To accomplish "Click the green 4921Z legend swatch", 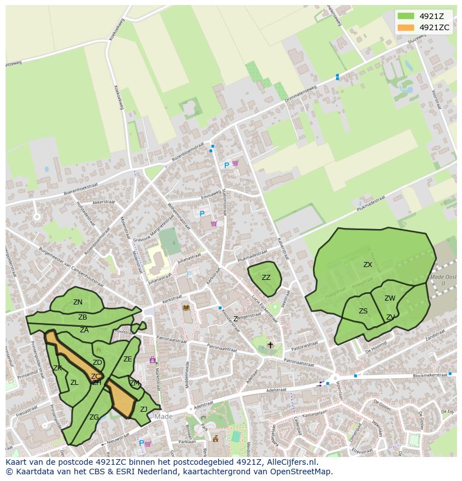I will [x=406, y=16].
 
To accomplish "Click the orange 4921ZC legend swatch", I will [x=406, y=27].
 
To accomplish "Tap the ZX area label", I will [x=368, y=265].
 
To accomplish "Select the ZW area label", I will [x=389, y=298].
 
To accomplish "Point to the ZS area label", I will [x=363, y=311].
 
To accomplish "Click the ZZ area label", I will [x=266, y=278].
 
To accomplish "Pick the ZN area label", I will [x=78, y=302].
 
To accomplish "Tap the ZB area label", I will [x=83, y=317].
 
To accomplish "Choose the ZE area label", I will [x=128, y=359].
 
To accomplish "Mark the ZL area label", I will [x=74, y=383].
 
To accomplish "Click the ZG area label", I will [x=94, y=417].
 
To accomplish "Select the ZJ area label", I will [x=143, y=409].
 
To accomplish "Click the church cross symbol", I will [x=271, y=345].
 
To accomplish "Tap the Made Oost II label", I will [x=444, y=280].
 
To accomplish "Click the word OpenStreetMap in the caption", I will [x=301, y=472].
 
